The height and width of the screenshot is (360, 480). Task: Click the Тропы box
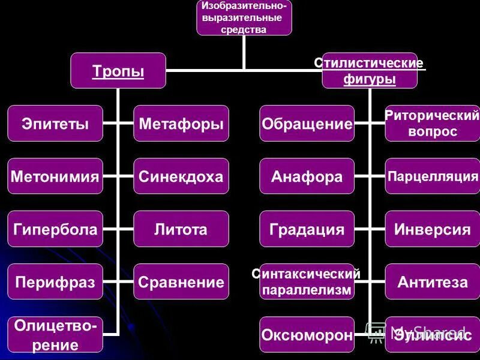[118, 71]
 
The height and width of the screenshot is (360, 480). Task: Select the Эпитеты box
[55, 124]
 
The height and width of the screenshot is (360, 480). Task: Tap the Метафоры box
[181, 124]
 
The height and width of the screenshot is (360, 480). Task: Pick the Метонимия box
[55, 176]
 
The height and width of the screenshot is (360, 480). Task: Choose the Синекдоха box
[181, 176]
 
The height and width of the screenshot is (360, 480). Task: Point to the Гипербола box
[55, 229]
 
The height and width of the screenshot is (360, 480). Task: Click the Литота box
[181, 229]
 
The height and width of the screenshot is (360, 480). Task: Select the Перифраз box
[55, 281]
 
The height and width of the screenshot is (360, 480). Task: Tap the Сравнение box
[181, 281]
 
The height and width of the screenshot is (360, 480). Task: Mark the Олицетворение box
[55, 335]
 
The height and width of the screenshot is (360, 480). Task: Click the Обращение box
[307, 124]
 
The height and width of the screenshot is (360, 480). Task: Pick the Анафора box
[307, 176]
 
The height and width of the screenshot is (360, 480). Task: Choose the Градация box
[307, 229]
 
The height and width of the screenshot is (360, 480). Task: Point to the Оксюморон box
[307, 334]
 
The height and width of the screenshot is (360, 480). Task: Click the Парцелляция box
[432, 176]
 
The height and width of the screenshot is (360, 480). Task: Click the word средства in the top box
[243, 29]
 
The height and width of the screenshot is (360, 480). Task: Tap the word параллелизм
[307, 289]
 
